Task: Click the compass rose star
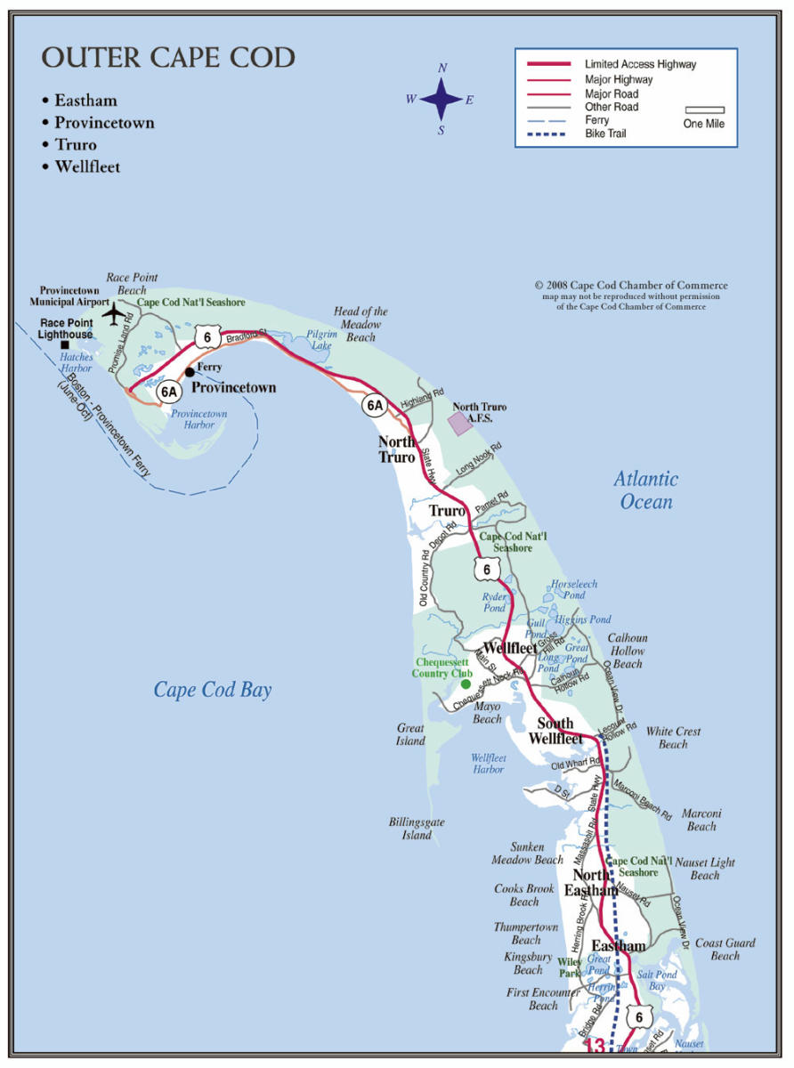442,99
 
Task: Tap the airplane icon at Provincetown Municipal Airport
115,314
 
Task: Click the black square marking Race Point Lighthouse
64,344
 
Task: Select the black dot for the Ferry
190,371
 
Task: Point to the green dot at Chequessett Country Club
466,684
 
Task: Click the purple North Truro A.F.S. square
459,423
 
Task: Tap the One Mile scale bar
704,110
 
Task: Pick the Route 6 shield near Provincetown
207,336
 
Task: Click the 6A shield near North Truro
375,405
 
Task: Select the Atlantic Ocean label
646,490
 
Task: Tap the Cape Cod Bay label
213,690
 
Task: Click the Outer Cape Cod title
168,59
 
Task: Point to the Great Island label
410,734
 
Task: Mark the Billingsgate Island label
417,829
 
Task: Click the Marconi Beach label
701,820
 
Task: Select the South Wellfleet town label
555,731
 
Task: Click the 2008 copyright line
631,286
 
